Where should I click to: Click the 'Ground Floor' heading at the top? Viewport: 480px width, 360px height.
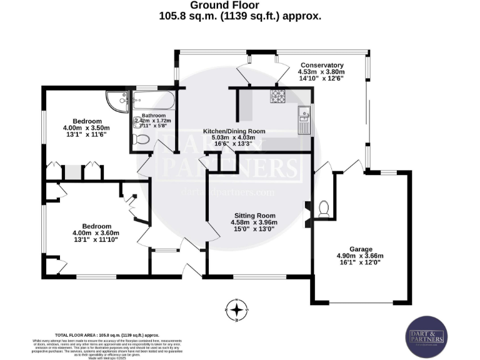click(x=240, y=6)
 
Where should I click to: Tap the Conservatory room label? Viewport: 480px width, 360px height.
click(x=322, y=65)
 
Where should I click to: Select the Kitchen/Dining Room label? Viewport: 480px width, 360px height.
click(x=234, y=131)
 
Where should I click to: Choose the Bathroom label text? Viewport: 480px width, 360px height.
click(x=153, y=116)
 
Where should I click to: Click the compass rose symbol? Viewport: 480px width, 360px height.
click(x=236, y=309)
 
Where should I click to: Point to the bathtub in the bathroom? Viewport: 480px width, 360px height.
click(x=154, y=99)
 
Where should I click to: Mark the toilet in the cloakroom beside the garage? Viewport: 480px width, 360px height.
click(x=323, y=209)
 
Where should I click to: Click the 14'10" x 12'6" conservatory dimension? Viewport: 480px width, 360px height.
click(x=322, y=79)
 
